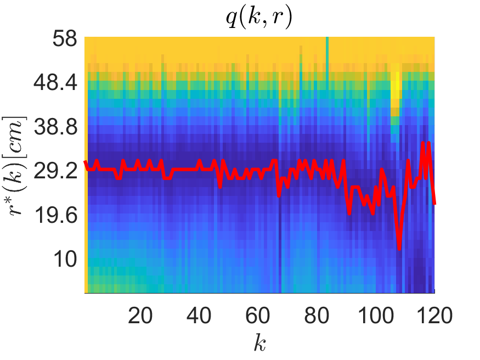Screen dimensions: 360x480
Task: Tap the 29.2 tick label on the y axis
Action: pos(57,171)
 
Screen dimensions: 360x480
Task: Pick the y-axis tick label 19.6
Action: pos(57,215)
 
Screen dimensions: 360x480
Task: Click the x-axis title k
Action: pos(259,344)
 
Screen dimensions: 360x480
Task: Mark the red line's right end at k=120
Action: pos(434,204)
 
